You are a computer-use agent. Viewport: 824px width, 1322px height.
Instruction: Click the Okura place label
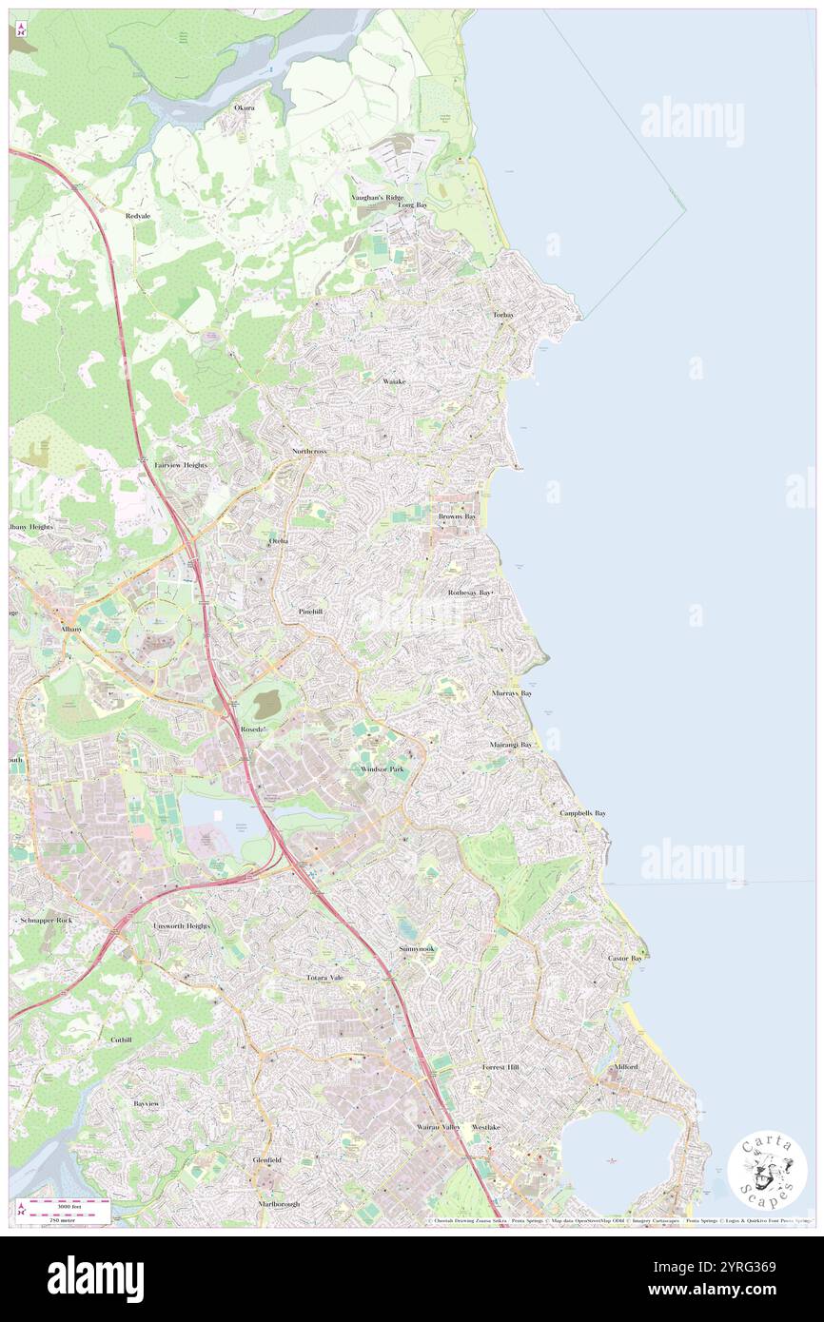245,108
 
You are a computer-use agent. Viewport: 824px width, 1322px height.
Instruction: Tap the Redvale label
138,216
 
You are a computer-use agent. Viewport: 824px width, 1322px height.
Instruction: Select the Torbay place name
503,314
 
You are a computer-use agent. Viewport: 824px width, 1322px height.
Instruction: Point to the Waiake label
394,381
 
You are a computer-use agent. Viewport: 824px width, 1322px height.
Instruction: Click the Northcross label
309,451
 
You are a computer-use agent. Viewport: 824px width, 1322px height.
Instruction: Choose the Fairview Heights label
181,465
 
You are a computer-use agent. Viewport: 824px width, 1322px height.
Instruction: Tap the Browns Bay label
457,516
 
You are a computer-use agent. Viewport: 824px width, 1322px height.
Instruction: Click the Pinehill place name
310,611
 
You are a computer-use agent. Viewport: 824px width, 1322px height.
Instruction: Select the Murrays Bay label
512,693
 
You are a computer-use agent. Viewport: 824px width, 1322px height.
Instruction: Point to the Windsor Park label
382,768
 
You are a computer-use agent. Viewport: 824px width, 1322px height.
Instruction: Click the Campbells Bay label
582,814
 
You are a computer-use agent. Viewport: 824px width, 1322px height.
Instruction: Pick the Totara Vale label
324,978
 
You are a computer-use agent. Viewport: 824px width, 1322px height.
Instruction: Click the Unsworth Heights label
182,925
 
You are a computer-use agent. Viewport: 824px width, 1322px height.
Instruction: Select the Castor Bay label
625,958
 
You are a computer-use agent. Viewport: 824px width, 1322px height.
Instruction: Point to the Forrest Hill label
500,1068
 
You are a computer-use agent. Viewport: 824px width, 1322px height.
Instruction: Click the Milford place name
625,1067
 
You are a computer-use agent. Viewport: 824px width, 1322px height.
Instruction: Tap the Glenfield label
266,1160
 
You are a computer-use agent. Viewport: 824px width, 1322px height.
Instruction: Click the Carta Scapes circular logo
767,1172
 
